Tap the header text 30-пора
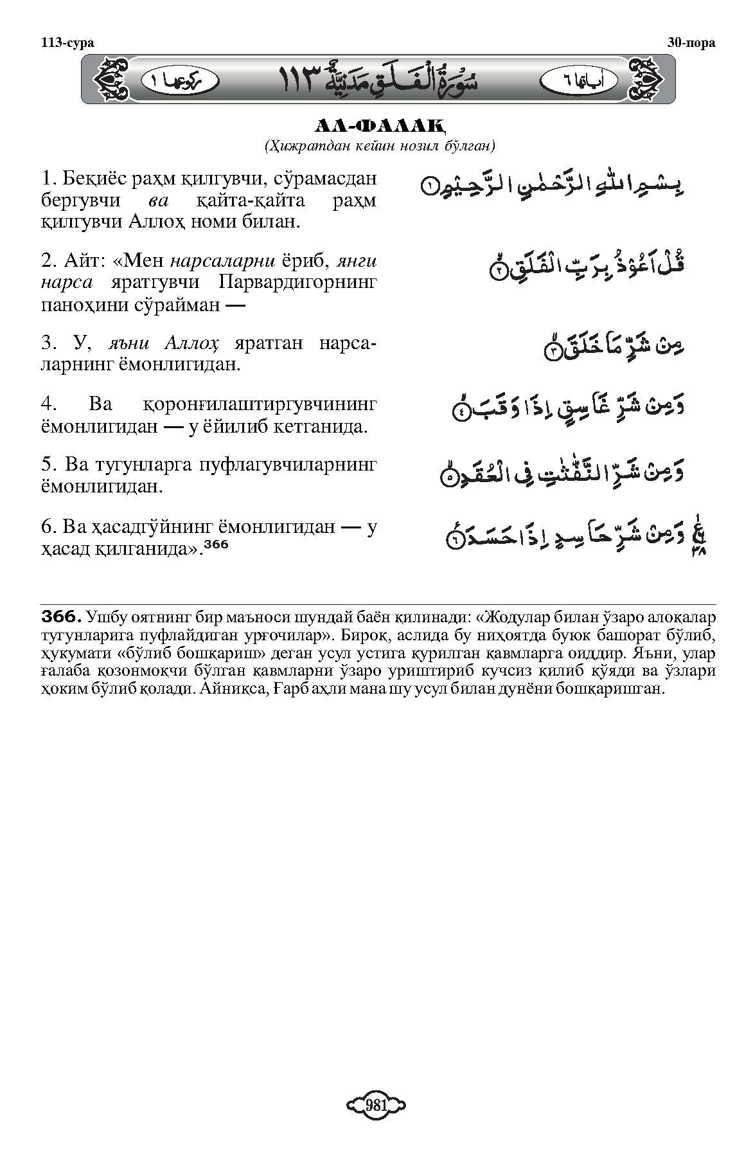coord(691,43)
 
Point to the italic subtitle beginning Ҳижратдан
coord(378,146)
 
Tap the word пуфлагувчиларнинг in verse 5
coord(276,464)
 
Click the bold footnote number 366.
coord(61,617)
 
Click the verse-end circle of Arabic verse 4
coord(460,413)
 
